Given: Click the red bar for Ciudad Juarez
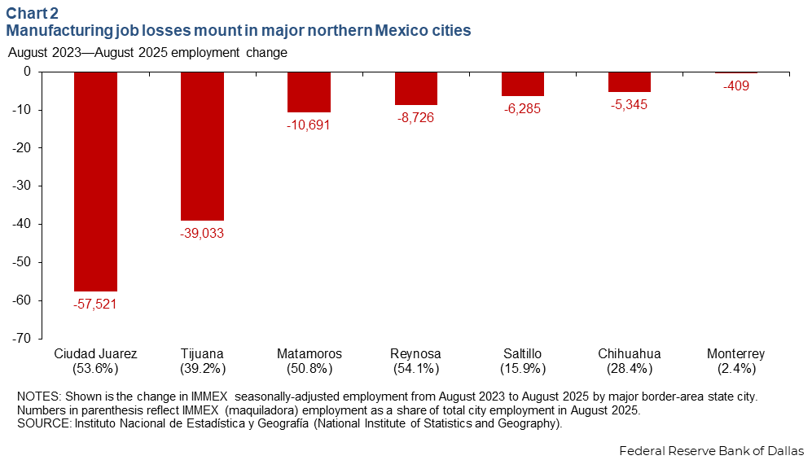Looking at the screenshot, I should coord(95,181).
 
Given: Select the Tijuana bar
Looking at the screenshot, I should coord(202,146).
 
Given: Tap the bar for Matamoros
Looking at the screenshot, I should coord(309,92).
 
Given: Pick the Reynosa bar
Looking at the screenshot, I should coord(415,88).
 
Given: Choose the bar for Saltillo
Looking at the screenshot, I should coord(522,84).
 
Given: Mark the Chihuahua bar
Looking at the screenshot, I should coord(629,81).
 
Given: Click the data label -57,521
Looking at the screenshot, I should coord(95,304).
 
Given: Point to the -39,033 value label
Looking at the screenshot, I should coord(202,233).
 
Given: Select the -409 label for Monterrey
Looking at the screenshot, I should coord(735,85).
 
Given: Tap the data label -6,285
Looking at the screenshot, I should coord(522,108).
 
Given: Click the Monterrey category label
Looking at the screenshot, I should coord(735,353).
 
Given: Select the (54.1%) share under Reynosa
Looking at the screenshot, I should coord(415,368).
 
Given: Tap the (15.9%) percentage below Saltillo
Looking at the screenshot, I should coord(522,368).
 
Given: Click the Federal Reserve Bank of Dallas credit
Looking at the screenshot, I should coord(711,450).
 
